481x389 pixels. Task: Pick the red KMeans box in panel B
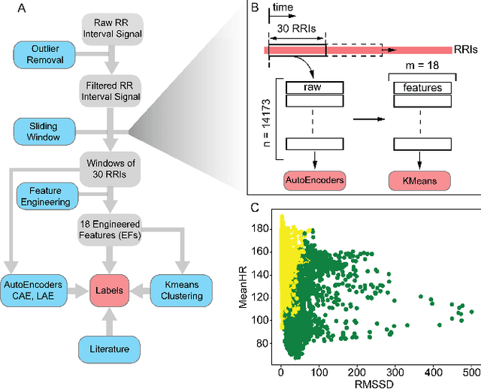pos(421,181)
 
